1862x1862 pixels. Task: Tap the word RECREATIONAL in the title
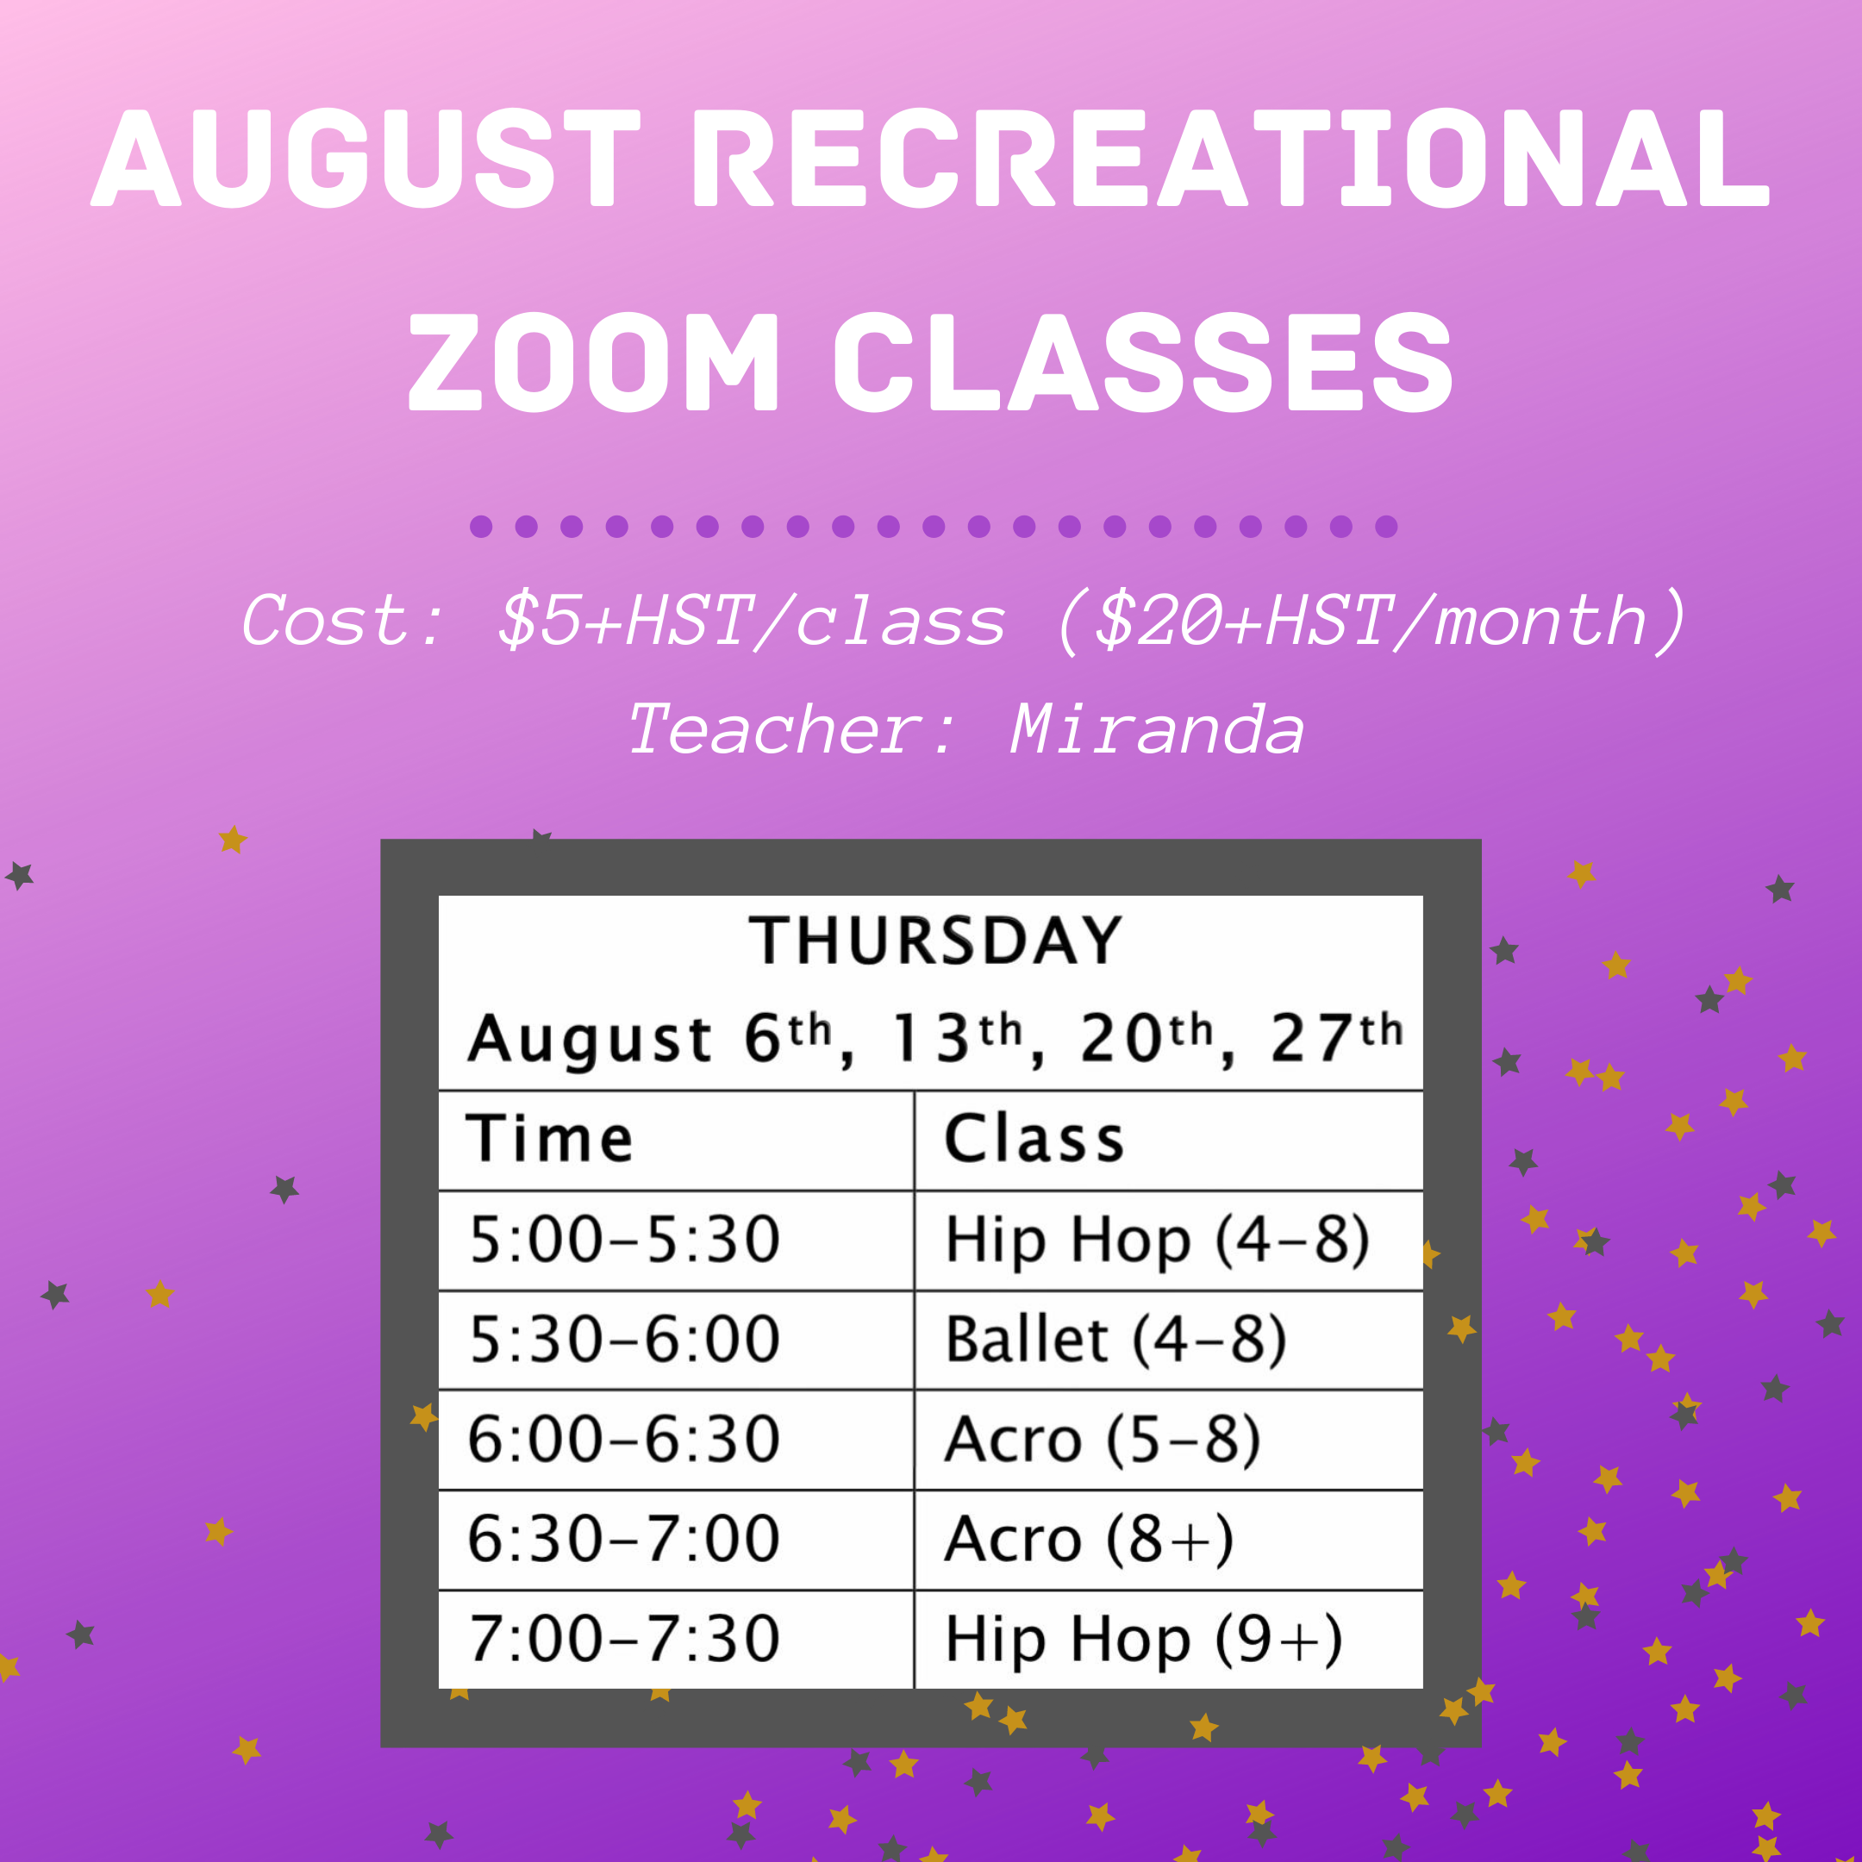coord(1231,158)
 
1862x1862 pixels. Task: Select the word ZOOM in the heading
coord(593,362)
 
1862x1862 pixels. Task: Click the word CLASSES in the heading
coord(1143,362)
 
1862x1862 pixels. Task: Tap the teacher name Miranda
coord(1157,729)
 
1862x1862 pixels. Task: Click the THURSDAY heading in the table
coord(934,940)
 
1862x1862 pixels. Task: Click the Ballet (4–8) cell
coord(1116,1339)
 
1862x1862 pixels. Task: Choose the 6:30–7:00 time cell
coord(624,1538)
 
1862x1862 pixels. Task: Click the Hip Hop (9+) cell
coord(1144,1639)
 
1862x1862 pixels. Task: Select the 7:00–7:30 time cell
coord(624,1639)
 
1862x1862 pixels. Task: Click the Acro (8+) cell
coord(1089,1538)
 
